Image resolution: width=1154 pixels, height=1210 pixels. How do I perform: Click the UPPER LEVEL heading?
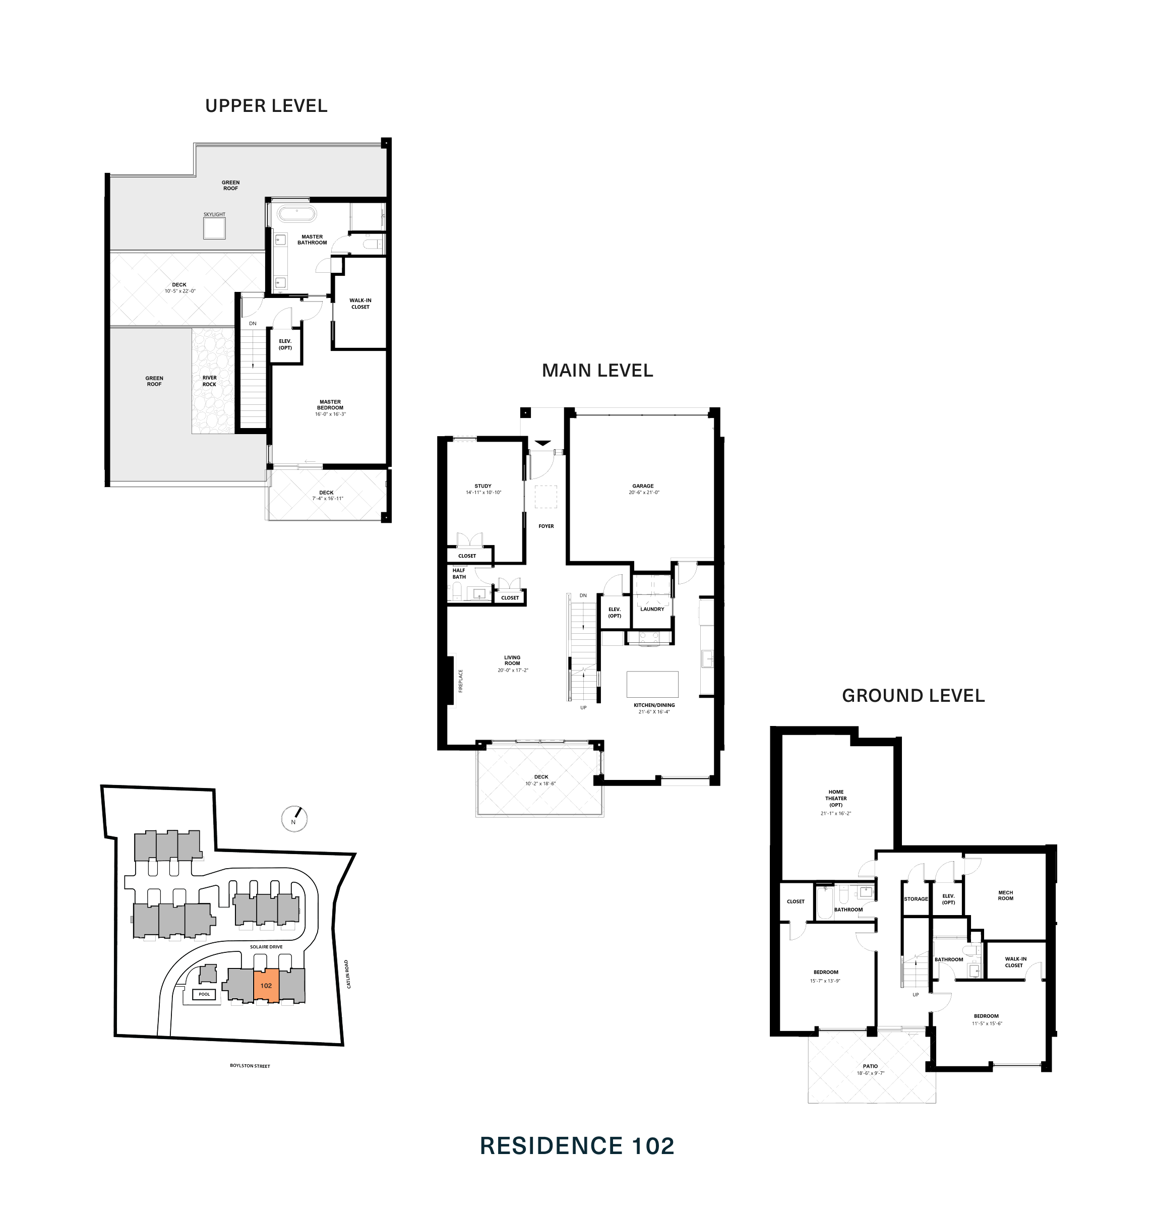click(x=266, y=106)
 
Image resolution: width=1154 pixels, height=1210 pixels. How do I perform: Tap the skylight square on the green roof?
click(x=214, y=228)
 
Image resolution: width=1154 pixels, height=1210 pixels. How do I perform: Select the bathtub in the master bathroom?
click(x=296, y=214)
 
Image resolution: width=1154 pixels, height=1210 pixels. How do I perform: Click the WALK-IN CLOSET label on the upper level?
click(x=360, y=304)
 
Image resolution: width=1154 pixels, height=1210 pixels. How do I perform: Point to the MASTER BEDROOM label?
click(x=330, y=405)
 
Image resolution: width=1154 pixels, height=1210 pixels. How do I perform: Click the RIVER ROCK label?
click(x=209, y=381)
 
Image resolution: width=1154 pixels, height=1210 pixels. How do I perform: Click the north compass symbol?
click(x=293, y=819)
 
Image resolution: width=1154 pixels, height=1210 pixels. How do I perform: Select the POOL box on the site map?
click(x=204, y=994)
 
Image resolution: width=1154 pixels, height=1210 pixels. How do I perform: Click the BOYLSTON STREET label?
click(x=250, y=1065)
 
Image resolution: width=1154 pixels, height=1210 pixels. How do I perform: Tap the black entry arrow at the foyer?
click(x=542, y=443)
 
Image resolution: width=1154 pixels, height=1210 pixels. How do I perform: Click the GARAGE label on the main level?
click(x=643, y=486)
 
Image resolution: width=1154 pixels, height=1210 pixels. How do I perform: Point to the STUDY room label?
click(x=483, y=486)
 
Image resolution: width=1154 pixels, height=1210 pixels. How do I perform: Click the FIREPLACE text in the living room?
click(x=460, y=681)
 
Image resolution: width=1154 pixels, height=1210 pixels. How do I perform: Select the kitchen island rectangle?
click(x=652, y=684)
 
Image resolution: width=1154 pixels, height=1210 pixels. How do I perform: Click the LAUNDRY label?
click(x=652, y=609)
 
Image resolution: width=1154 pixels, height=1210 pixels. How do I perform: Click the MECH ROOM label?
click(x=1005, y=895)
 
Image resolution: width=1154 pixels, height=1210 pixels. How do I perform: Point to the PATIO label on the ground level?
click(x=870, y=1066)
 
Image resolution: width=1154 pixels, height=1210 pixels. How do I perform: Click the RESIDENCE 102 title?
click(x=576, y=1146)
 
